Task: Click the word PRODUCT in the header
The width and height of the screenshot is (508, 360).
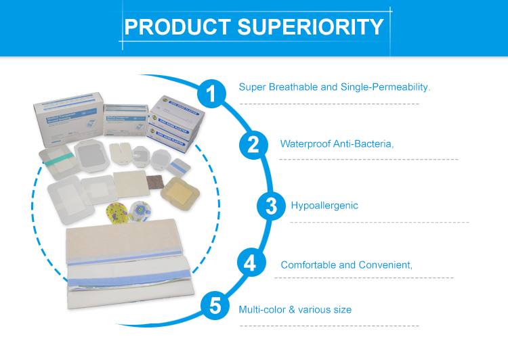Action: [177, 27]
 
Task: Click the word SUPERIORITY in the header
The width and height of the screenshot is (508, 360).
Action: [310, 27]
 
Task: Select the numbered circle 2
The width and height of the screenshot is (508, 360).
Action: [253, 143]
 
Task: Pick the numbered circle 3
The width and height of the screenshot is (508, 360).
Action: [271, 206]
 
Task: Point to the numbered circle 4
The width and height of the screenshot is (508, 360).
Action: [249, 262]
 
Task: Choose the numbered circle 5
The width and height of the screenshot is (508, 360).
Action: [215, 306]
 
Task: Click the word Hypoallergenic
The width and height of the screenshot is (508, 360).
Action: [324, 206]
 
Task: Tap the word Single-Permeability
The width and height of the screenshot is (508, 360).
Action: [388, 87]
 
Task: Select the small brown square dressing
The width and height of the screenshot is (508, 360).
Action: [156, 183]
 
